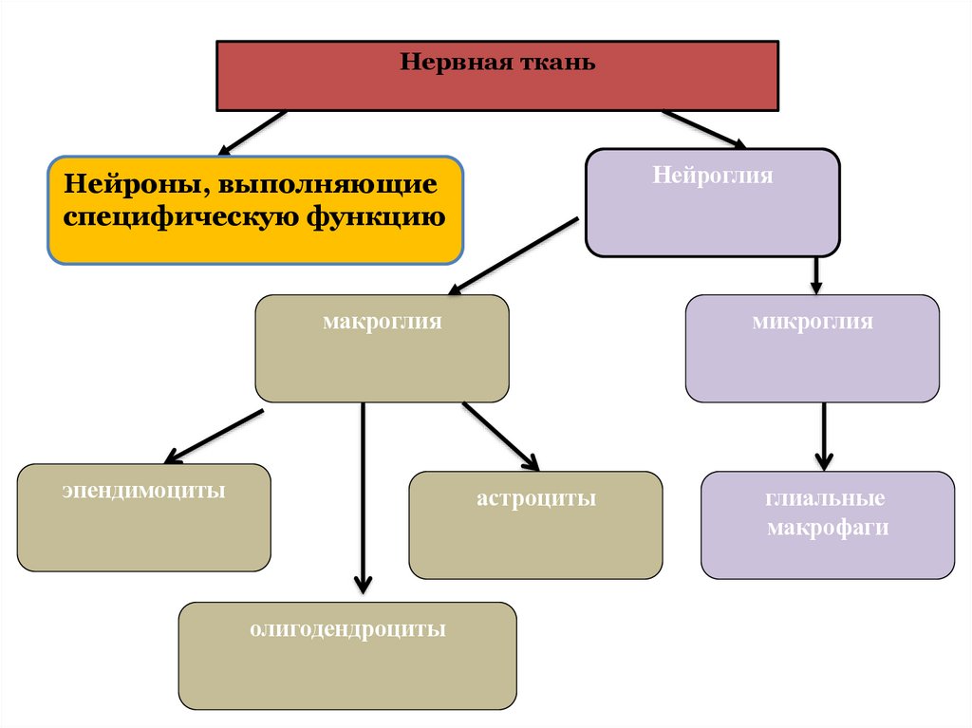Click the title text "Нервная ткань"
[497, 64]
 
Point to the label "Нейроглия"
[713, 176]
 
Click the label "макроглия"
[382, 322]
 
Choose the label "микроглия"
[812, 322]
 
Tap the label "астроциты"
[535, 498]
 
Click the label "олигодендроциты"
[347, 629]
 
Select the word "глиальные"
[827, 498]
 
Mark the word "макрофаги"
[828, 528]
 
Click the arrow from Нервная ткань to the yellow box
[252, 132]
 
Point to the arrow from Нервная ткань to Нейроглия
[703, 129]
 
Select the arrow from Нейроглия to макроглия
[514, 255]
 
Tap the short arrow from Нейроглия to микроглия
[815, 274]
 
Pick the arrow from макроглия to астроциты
[500, 436]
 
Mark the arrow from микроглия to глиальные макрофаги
[824, 436]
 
